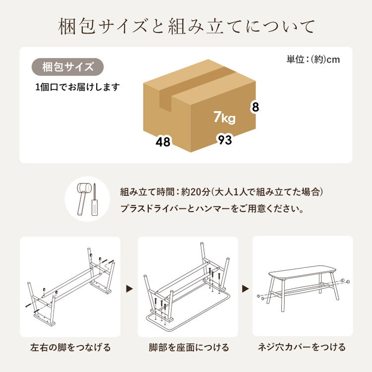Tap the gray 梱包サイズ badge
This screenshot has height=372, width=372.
pyautogui.click(x=68, y=66)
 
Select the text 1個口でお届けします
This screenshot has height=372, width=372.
pyautogui.click(x=77, y=87)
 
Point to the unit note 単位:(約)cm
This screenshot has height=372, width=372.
pyautogui.click(x=313, y=60)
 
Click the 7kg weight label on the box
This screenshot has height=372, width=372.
pyautogui.click(x=224, y=118)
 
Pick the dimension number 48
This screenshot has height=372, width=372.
pyautogui.click(x=163, y=142)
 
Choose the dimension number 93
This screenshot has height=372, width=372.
pyautogui.click(x=225, y=140)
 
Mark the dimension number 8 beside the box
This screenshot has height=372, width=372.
pyautogui.click(x=255, y=107)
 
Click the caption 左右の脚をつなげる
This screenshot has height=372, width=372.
pyautogui.click(x=70, y=347)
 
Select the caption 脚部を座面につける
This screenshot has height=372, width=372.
pyautogui.click(x=187, y=347)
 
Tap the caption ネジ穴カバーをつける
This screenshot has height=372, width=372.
pyautogui.click(x=302, y=347)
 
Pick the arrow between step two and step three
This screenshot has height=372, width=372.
pyautogui.click(x=246, y=288)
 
